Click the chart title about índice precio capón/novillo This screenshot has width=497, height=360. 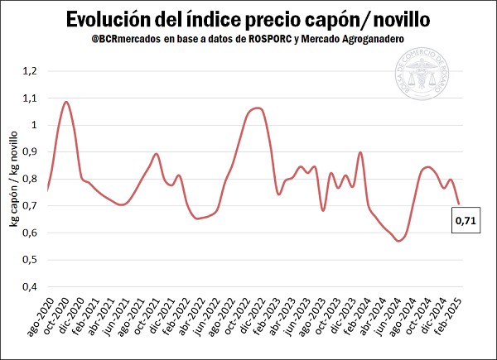click(x=248, y=18)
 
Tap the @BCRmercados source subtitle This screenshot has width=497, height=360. click(x=248, y=39)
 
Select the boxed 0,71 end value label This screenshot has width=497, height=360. click(x=462, y=221)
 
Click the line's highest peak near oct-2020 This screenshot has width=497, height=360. click(x=66, y=102)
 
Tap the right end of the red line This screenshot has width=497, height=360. click(x=458, y=204)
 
